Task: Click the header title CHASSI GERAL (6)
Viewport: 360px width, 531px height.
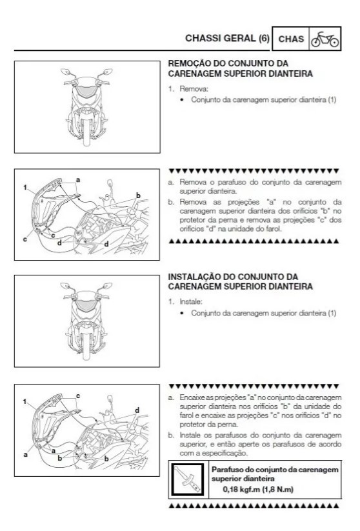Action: tap(226, 38)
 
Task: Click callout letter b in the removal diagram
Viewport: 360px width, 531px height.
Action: tap(138, 195)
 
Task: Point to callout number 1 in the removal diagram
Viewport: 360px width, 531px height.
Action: tap(23, 187)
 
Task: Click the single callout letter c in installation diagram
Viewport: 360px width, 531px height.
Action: tap(78, 395)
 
